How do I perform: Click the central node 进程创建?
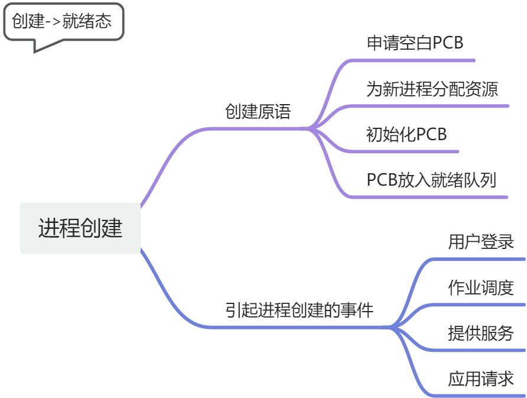pyautogui.click(x=80, y=228)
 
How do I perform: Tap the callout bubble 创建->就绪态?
pyautogui.click(x=64, y=22)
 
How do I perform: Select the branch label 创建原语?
pyautogui.click(x=258, y=112)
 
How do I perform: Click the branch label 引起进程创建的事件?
pyautogui.click(x=300, y=310)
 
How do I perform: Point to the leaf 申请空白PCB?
pyautogui.click(x=415, y=43)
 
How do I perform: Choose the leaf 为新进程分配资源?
pyautogui.click(x=432, y=89)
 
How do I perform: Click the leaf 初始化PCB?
pyautogui.click(x=406, y=134)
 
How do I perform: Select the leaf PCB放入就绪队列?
pyautogui.click(x=431, y=180)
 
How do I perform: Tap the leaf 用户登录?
pyautogui.click(x=481, y=242)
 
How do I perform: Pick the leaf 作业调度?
pyautogui.click(x=481, y=288)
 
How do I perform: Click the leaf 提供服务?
pyautogui.click(x=481, y=333)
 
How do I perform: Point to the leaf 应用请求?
pyautogui.click(x=481, y=378)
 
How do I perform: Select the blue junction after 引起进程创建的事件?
pyautogui.click(x=390, y=326)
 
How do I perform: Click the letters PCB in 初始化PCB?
pyautogui.click(x=431, y=134)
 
